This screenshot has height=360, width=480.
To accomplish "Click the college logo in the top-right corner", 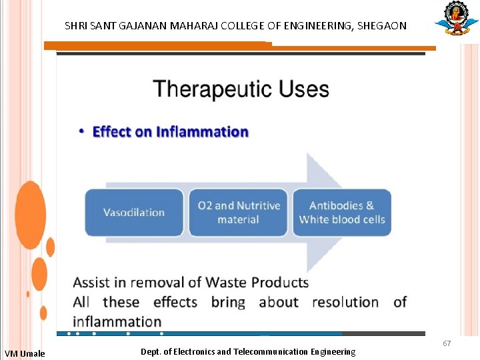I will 457,19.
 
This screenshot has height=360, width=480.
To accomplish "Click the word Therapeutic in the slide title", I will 213,89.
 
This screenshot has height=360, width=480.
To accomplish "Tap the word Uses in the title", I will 303,89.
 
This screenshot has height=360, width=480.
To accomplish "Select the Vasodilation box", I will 133,213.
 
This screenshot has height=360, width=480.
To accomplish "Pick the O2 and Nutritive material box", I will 238,213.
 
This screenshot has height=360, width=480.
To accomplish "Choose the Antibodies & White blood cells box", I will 342,213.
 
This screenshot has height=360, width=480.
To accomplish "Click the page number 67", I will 447,343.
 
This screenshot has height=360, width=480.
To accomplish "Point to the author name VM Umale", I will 25,353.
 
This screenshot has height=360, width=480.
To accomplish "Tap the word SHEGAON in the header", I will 382,26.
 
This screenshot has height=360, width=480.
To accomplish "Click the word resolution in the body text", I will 345,302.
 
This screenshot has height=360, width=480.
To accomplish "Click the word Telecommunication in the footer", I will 275,351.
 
